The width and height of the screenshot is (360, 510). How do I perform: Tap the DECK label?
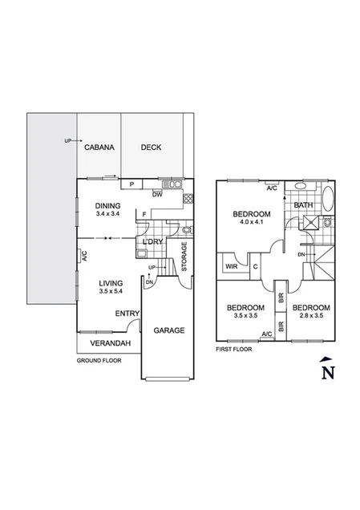pos(152,148)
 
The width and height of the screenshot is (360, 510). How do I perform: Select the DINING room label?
pos(107,205)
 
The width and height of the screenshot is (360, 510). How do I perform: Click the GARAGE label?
pos(169,330)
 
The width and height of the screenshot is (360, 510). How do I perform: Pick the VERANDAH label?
pos(109,343)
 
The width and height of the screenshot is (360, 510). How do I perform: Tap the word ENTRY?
pos(127,314)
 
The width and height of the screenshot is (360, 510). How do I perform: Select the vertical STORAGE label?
pos(184,257)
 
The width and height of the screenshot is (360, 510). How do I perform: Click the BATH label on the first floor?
pos(304,205)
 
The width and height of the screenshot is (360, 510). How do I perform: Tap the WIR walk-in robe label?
pos(232,267)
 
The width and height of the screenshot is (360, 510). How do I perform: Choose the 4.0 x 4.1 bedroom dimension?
pos(251,224)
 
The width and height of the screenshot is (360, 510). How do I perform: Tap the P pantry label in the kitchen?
pos(131,184)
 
